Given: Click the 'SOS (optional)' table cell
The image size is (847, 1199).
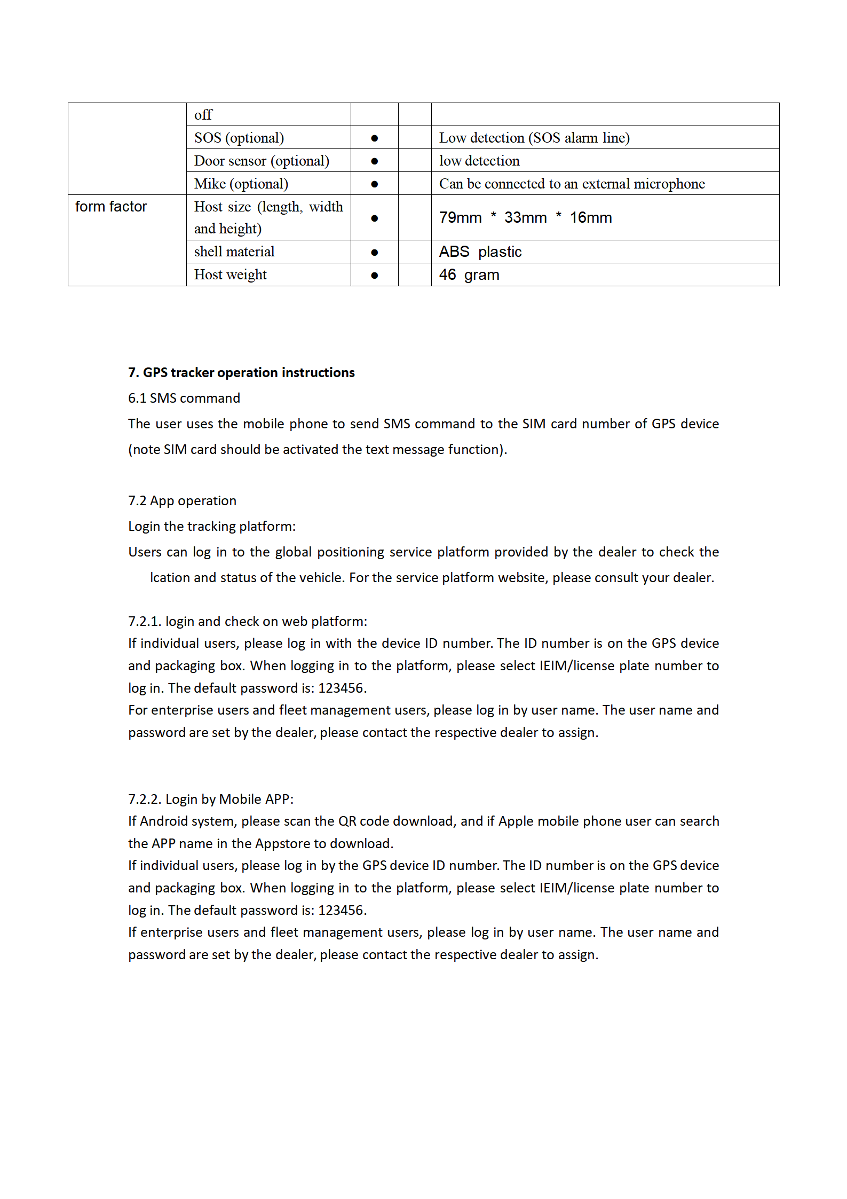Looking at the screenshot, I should (239, 138).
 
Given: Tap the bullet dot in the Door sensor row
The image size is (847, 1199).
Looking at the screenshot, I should (375, 161).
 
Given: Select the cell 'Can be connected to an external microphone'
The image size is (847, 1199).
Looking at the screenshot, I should (572, 184).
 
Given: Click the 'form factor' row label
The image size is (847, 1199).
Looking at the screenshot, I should (111, 207).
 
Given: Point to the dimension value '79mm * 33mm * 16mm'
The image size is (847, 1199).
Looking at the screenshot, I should (525, 218).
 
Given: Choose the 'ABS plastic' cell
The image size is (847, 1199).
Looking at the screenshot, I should (480, 252).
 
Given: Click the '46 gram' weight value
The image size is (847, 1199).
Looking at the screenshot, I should (469, 275).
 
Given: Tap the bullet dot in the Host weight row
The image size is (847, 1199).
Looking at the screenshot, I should (375, 276).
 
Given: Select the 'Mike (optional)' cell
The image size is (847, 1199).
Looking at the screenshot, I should (241, 184).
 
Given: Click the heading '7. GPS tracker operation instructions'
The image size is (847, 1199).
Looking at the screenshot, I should (241, 373).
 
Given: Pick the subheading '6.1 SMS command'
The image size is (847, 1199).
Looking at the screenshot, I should (184, 398).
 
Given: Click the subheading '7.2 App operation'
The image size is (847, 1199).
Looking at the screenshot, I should (182, 501).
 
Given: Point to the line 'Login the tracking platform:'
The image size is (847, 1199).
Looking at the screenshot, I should (212, 527).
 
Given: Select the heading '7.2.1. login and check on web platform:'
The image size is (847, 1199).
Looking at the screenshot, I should (248, 622).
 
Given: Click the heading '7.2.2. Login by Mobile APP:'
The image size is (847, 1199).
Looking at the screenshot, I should (211, 800).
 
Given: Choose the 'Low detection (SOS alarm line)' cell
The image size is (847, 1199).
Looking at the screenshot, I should (534, 138).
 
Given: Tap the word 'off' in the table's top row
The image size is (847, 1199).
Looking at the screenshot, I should (203, 115).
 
